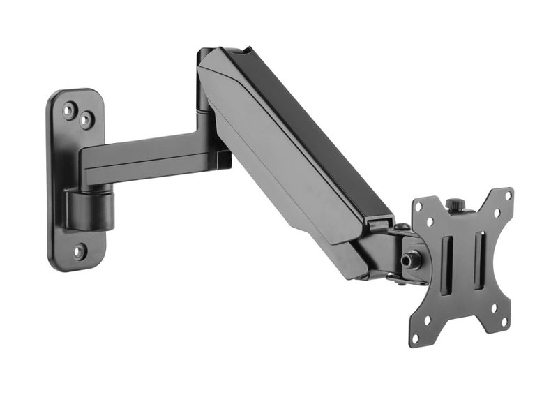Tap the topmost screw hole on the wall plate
70,110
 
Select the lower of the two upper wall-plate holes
86,121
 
